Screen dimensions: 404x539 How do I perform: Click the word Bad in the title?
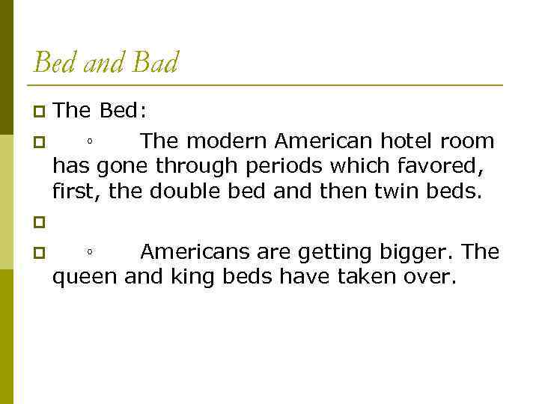click(x=156, y=63)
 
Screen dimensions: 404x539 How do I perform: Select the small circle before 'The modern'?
click(x=89, y=142)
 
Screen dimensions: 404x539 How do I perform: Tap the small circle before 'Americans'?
click(x=89, y=253)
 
